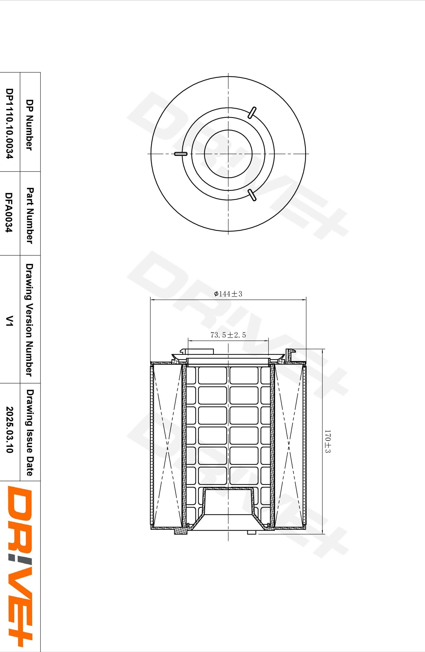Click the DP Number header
coord(29,125)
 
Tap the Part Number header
coord(29,215)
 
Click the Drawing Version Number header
coord(29,320)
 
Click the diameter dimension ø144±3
coord(228,294)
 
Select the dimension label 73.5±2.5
coord(228,335)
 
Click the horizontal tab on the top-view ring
coord(181,154)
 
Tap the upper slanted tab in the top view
coord(252,113)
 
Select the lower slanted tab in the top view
coord(252,195)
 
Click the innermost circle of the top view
coord(228,154)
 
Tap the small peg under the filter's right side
coord(252,532)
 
